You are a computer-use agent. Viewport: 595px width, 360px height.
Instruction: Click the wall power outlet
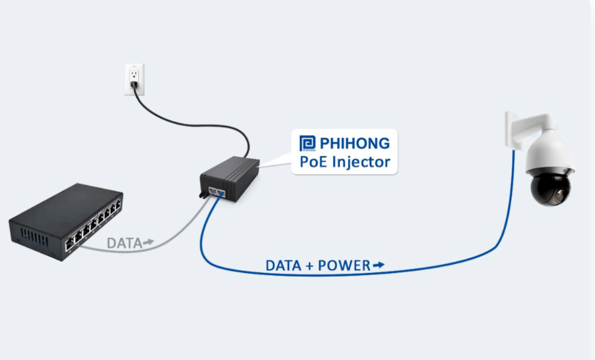[x=134, y=77]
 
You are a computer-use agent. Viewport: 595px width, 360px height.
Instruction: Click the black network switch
[x=65, y=219]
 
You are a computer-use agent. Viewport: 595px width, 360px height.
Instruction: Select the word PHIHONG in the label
[x=354, y=144]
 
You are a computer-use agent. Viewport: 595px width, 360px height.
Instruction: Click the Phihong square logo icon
[x=307, y=144]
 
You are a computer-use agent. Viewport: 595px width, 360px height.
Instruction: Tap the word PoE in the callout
[x=313, y=162]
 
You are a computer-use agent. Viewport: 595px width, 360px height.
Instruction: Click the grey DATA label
[x=124, y=242]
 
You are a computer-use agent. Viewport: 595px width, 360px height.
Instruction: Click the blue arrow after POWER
[x=379, y=265]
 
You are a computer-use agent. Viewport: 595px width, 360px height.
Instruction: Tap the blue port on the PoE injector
[x=220, y=193]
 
